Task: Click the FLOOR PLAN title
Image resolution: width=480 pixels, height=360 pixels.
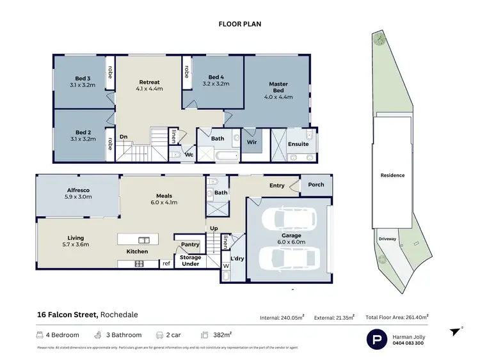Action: (240, 24)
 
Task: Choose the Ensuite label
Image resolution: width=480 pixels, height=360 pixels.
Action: (298, 144)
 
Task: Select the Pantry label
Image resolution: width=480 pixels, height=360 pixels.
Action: (190, 244)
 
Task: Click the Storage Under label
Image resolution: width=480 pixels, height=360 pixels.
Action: (190, 260)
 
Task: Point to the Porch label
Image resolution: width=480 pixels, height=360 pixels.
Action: (316, 185)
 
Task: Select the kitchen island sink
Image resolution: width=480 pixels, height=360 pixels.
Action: (144, 240)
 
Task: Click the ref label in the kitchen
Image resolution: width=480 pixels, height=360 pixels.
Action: (166, 263)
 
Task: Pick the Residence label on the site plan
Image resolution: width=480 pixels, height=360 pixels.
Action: (393, 175)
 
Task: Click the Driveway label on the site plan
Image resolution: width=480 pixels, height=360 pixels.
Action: (387, 239)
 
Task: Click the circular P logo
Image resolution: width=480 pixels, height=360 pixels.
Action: (376, 340)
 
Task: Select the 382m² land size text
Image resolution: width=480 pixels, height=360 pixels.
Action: (221, 334)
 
